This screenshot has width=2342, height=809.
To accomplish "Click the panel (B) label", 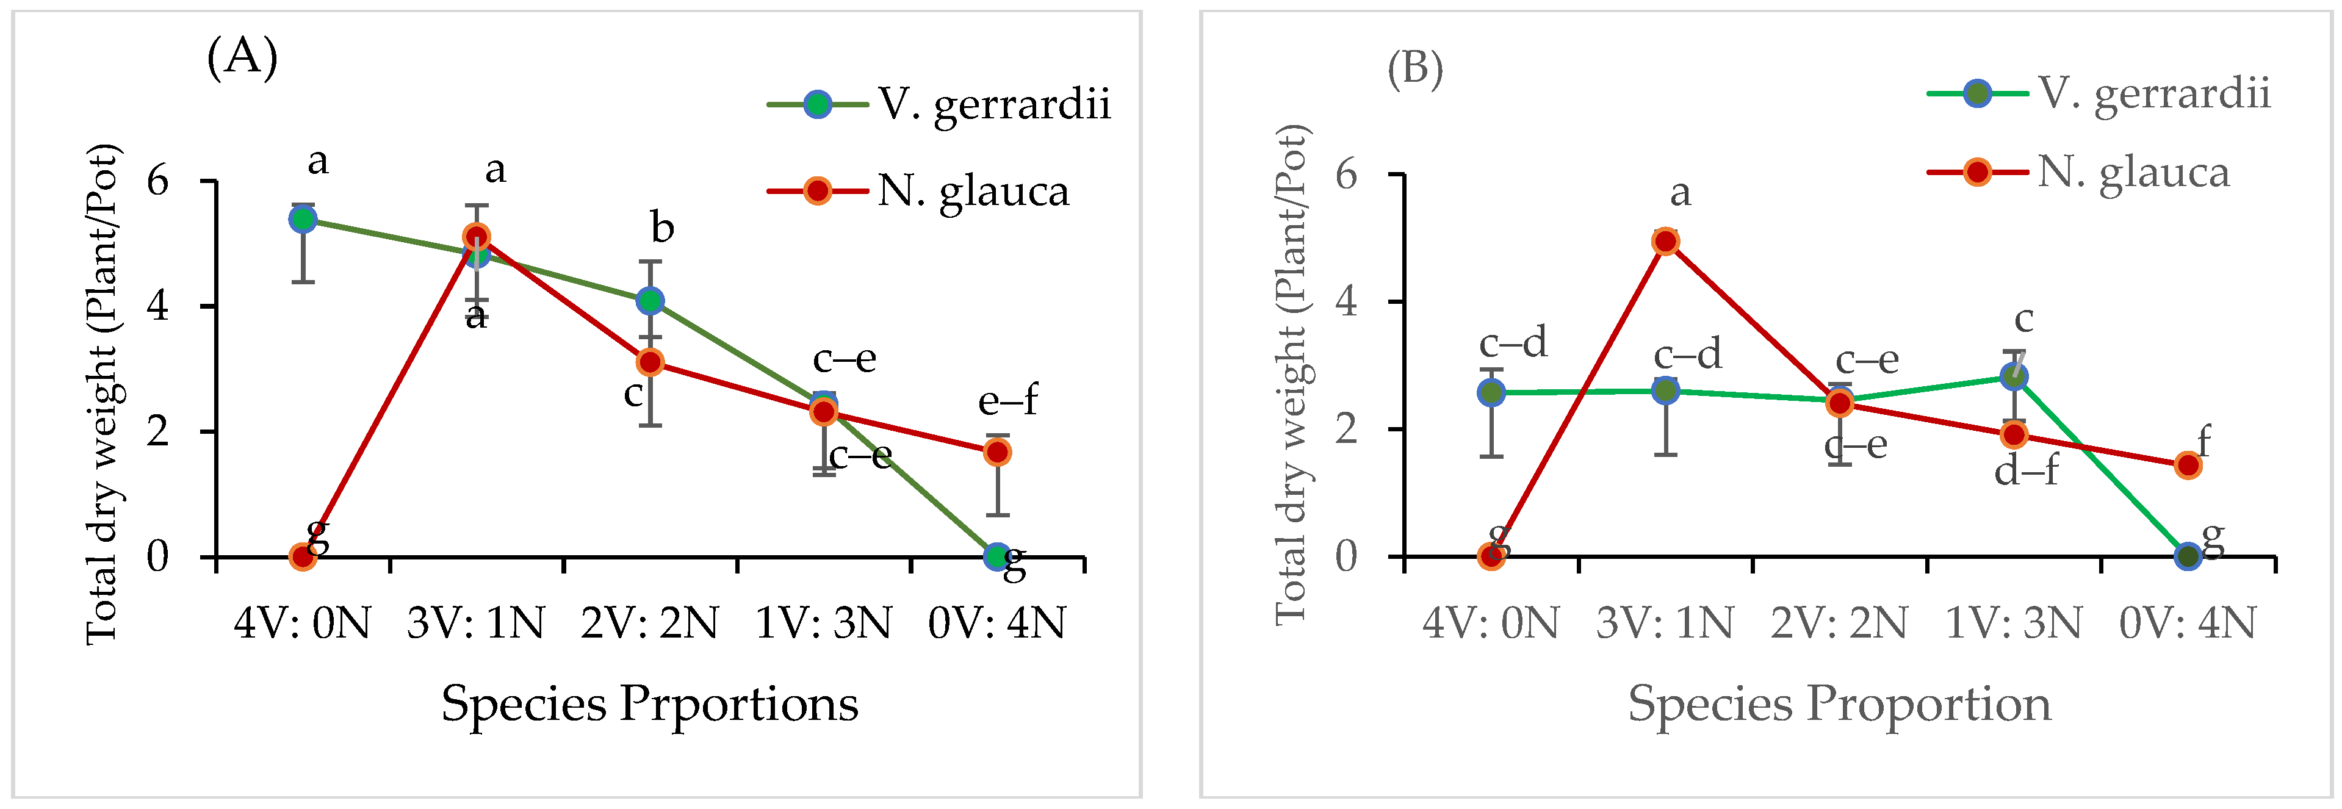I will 1414,68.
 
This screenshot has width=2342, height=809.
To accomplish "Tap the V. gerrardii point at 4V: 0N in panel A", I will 303,219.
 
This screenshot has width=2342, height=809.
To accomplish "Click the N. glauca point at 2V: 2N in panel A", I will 650,362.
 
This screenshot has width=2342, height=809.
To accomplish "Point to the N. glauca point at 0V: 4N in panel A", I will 997,451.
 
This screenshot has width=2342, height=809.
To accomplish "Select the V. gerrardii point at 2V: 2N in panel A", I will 650,301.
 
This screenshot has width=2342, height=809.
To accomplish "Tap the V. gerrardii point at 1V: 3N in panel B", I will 2014,376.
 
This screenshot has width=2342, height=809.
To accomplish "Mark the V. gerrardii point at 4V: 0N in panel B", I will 1491,393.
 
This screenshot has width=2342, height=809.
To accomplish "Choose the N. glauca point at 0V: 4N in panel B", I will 2188,466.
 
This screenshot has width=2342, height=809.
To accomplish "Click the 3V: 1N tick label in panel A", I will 475,624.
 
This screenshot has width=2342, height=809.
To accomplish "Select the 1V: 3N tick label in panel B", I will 2013,624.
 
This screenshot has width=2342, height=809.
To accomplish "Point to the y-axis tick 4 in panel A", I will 158,306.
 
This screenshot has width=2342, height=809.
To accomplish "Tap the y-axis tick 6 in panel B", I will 1347,174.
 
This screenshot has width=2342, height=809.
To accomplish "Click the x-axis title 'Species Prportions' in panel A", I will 650,705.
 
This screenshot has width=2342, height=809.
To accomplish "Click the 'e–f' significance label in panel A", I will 1007,401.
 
